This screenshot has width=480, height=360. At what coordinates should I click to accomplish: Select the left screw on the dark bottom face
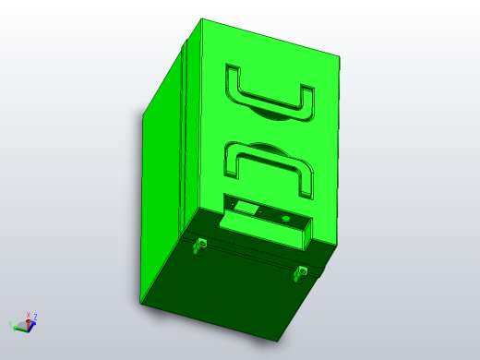pos(198,245)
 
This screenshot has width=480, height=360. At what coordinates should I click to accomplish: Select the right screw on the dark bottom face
pos(300,271)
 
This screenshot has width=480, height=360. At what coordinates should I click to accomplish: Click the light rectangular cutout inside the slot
pos(246,208)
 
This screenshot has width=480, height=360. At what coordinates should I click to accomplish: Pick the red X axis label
pos(29,315)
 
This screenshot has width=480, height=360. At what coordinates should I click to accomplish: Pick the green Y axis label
pos(11,324)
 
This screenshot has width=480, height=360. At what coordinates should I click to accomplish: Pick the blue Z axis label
pos(35,317)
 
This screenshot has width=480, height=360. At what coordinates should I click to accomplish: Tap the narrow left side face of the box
pos(162,185)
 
